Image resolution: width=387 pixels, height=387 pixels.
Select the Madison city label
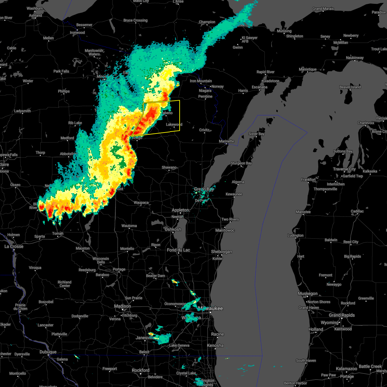[x=123, y=306]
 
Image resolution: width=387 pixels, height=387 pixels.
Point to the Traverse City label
[x=345, y=169]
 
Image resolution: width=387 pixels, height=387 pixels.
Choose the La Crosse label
[x=14, y=246]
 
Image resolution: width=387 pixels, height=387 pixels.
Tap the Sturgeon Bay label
[x=241, y=163]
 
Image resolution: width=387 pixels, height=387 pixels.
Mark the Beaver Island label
[x=350, y=87]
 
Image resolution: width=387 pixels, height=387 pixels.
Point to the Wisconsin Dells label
[x=101, y=260]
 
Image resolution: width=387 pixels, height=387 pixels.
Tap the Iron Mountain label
[x=201, y=81]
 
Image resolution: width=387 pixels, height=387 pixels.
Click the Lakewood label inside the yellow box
[x=174, y=124]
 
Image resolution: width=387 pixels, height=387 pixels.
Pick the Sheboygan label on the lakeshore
[x=221, y=252]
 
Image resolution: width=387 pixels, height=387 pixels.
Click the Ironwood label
[x=77, y=33]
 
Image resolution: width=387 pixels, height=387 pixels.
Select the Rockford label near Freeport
[x=141, y=370]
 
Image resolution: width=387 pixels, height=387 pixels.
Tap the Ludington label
[x=295, y=235]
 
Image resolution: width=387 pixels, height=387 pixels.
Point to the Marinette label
[x=226, y=141]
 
